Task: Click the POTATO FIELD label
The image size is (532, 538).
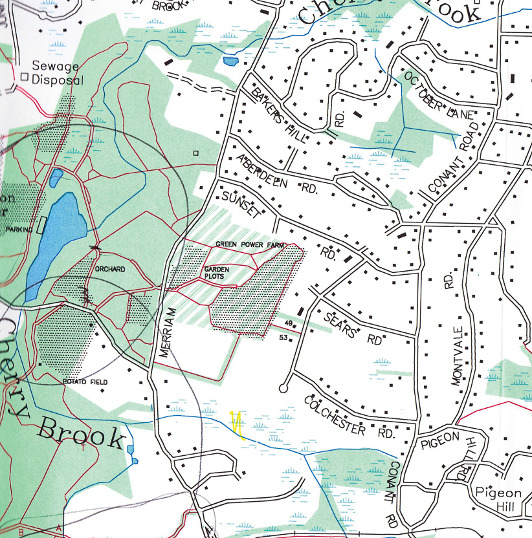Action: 85,382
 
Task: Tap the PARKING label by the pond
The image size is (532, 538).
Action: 19,230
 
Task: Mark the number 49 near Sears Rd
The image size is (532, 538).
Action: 289,324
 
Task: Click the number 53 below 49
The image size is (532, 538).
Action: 283,338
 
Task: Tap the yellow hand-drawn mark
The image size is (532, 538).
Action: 237,424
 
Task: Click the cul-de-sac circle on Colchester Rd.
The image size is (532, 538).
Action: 283,388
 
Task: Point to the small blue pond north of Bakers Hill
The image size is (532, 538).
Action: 230,61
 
